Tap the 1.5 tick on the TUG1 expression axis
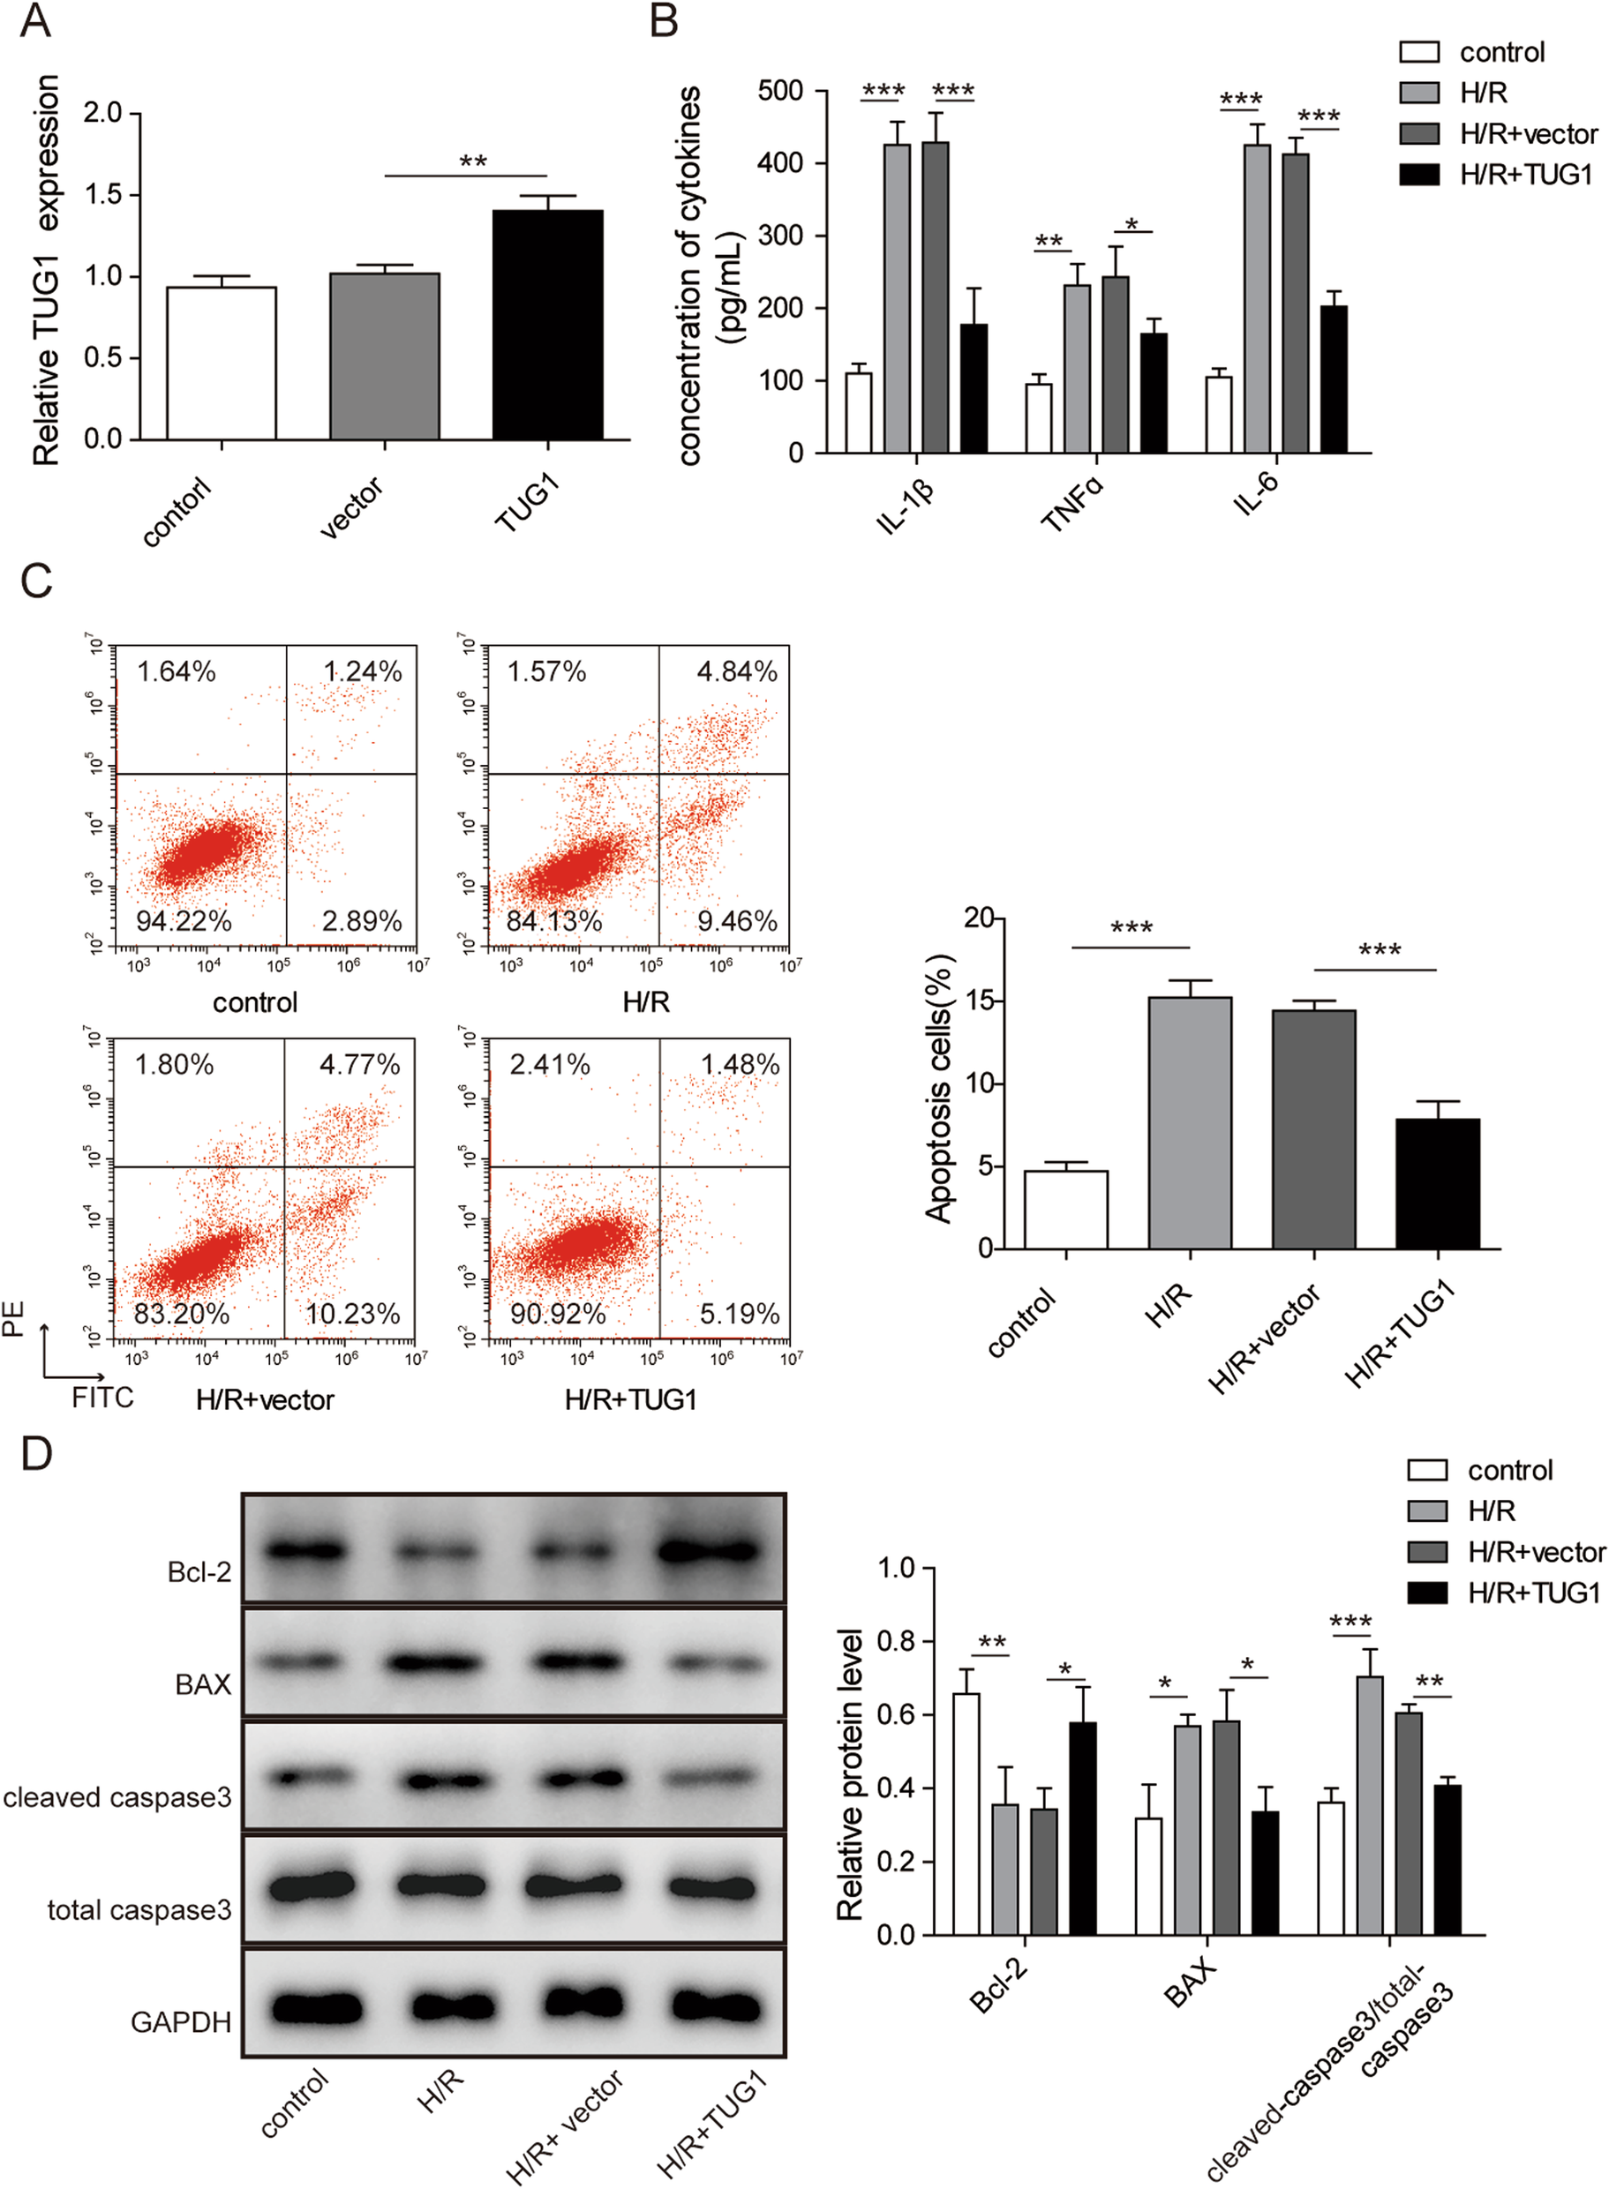coord(102,195)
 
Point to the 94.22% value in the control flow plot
coord(183,921)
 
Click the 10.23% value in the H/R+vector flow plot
coord(352,1314)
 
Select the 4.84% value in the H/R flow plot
coord(736,672)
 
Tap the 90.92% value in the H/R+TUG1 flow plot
coord(558,1314)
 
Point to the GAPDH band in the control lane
coord(318,2008)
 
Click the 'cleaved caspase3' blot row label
coord(117,1797)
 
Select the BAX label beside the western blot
coord(203,1684)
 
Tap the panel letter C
coord(36,581)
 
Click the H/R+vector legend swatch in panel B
coord(1418,133)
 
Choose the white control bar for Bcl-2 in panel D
coord(966,1813)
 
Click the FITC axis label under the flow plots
coord(102,1398)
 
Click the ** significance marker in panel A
coord(473,161)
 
